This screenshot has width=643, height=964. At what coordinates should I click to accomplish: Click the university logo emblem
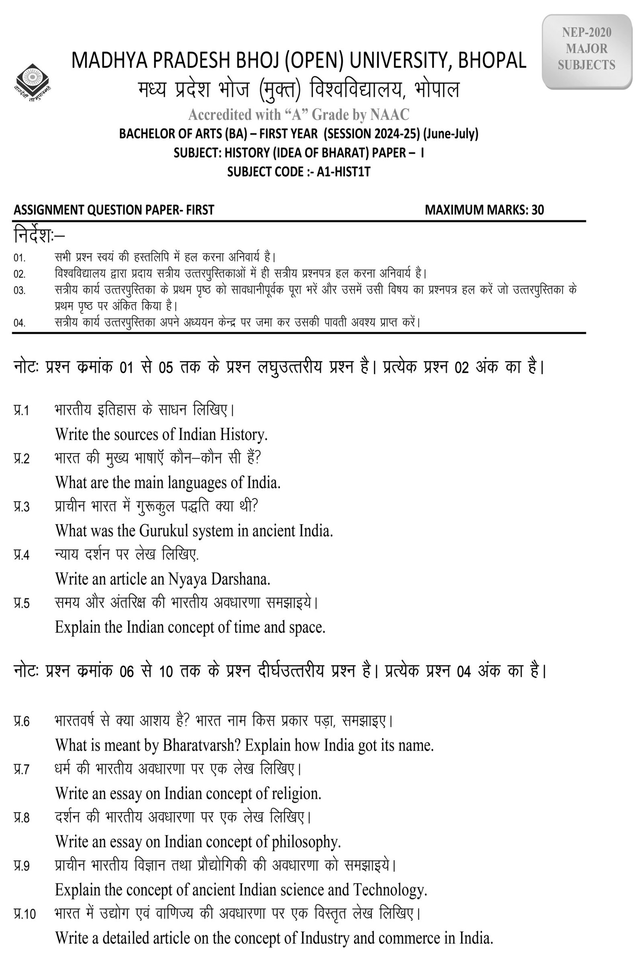click(33, 80)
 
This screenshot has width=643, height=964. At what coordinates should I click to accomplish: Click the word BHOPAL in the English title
click(491, 60)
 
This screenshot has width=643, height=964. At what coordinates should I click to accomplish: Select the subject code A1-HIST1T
click(343, 172)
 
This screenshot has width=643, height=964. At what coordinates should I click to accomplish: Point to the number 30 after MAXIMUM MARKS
click(538, 210)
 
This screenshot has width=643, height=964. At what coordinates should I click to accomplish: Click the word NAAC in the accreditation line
click(389, 115)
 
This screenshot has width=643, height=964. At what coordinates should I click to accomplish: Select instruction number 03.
click(19, 290)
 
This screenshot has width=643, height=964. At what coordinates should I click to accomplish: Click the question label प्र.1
click(21, 410)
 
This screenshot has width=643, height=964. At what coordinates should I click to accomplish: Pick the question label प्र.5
click(21, 603)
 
